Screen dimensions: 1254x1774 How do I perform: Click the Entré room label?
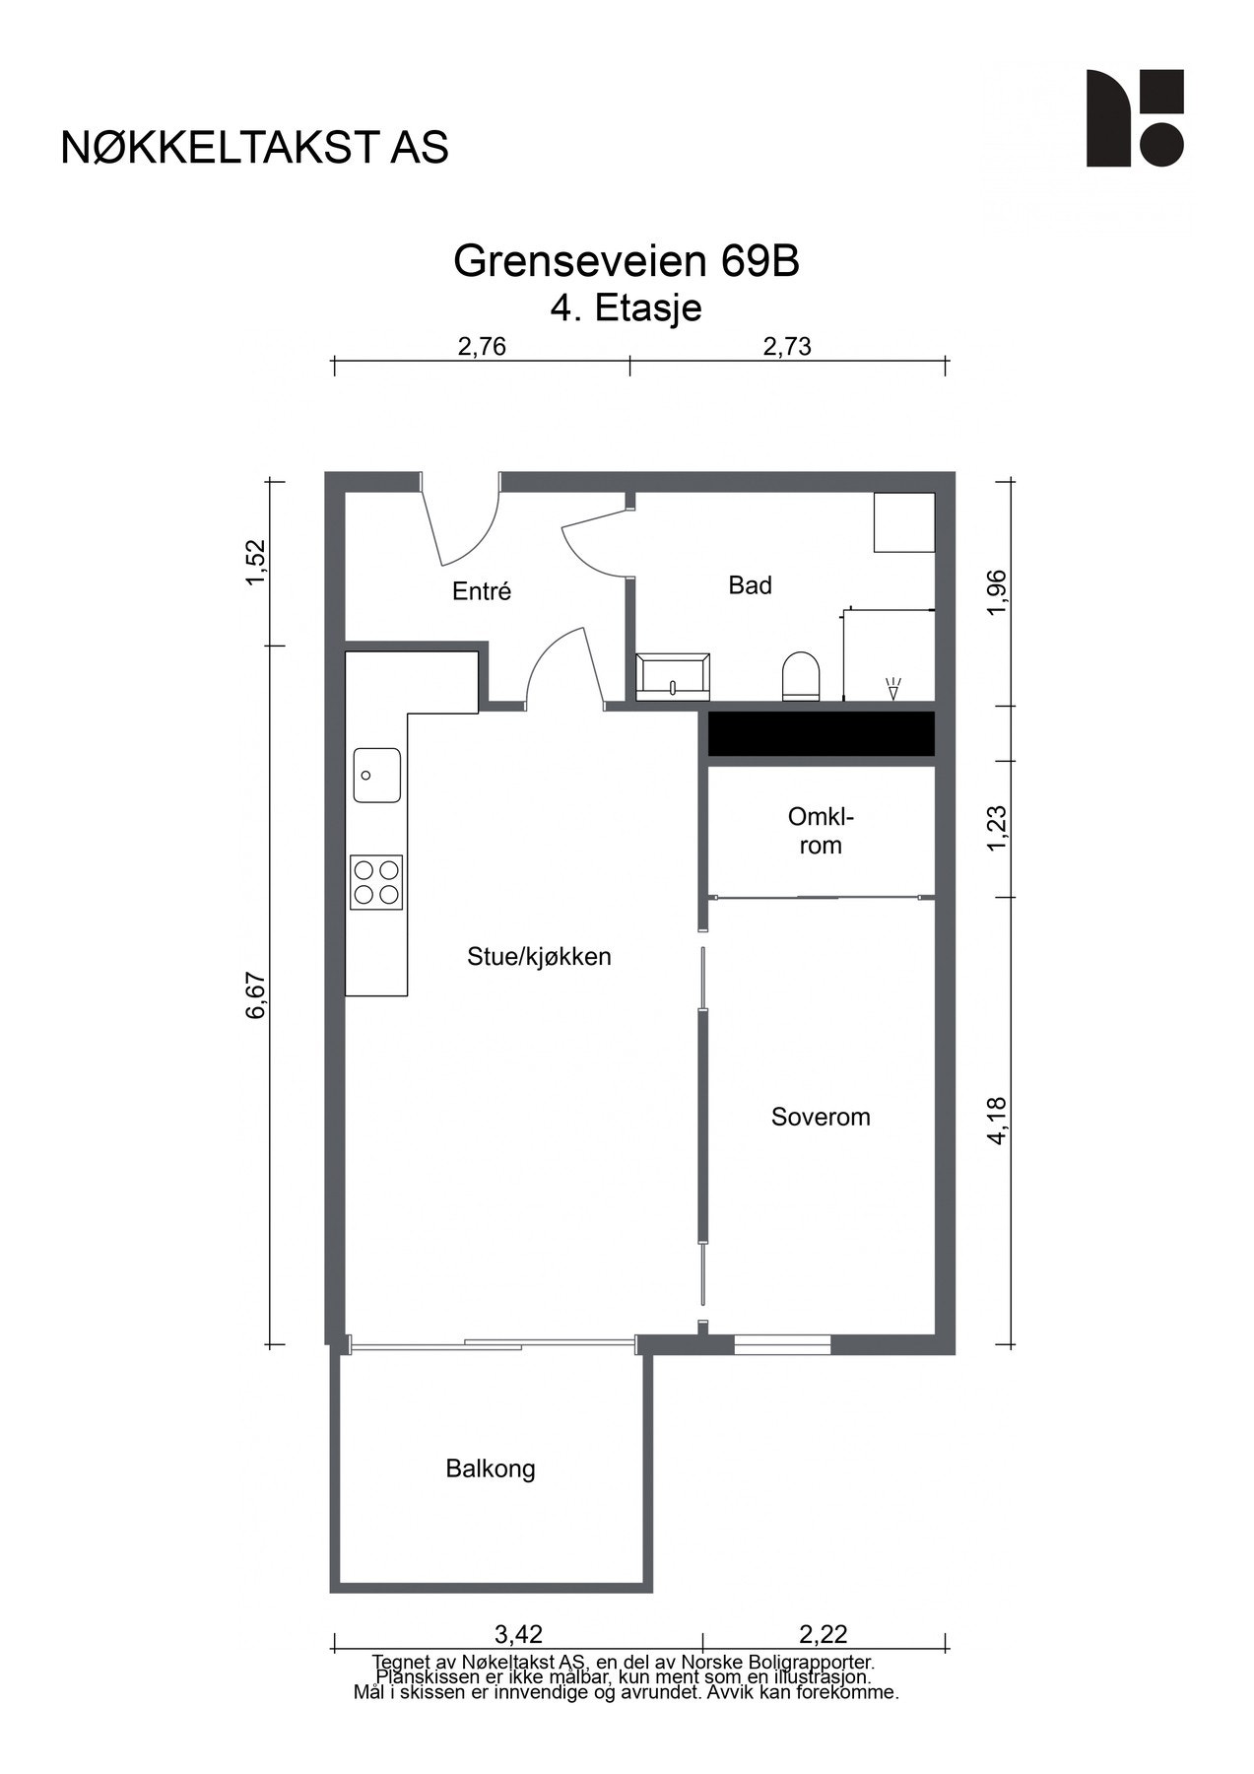pos(482,591)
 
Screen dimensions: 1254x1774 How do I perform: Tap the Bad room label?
pos(750,585)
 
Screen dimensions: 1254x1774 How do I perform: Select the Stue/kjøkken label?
pos(539,956)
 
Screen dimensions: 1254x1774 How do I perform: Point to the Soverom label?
pos(821,1117)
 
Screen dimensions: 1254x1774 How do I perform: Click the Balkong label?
pos(491,1468)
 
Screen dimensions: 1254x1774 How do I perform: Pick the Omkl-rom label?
pos(821,831)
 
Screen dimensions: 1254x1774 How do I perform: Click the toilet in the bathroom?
pos(801,676)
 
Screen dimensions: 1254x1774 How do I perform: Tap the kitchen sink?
pos(377,775)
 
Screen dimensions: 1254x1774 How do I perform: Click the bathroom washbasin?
pos(674,676)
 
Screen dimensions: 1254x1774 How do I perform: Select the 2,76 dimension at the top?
pos(482,346)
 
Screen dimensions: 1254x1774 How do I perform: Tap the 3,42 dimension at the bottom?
pos(518,1634)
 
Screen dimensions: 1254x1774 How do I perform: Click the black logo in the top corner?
pos(1135,118)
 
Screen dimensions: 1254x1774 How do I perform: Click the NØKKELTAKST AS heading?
pos(254,147)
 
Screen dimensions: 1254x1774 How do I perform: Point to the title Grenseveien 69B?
pos(627,261)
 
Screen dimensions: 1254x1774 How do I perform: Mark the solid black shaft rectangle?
pos(822,734)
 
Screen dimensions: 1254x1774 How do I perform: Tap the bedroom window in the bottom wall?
pos(782,1343)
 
